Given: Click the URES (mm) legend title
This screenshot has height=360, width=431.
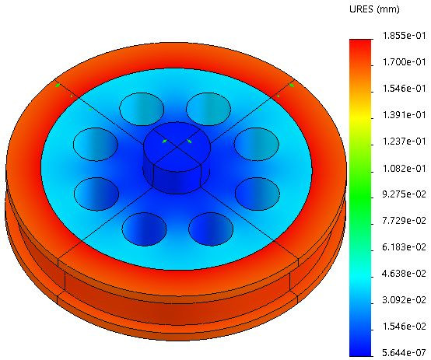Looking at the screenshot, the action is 374,9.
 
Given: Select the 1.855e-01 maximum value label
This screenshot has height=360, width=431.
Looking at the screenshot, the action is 404,36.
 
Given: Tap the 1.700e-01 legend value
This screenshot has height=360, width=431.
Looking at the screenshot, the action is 404,62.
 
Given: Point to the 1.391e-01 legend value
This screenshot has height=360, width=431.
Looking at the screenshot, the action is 404,114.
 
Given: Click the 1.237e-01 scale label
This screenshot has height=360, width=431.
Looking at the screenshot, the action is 404,142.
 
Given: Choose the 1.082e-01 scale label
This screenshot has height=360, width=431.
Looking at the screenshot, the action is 404,168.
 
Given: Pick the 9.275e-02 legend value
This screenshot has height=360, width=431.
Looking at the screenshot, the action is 404,194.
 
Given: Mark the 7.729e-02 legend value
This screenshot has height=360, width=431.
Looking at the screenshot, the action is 404,220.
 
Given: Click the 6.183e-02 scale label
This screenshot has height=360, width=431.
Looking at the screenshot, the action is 404,247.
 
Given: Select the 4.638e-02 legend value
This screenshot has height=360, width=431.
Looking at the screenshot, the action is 404,274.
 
